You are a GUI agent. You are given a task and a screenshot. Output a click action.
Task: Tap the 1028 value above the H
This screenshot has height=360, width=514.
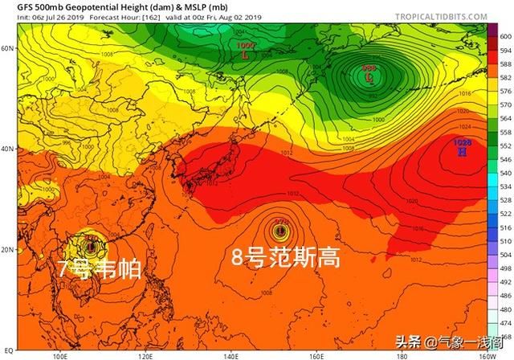click(462, 141)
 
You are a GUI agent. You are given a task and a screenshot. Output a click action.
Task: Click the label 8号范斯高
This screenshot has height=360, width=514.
click(286, 258)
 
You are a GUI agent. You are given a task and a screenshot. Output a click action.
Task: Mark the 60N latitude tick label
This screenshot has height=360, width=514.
click(8, 48)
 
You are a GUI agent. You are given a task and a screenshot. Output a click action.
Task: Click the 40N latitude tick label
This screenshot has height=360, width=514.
click(8, 149)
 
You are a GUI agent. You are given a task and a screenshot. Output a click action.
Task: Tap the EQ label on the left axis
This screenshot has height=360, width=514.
click(9, 351)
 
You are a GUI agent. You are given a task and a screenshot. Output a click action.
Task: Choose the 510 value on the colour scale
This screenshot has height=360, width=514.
click(504, 239)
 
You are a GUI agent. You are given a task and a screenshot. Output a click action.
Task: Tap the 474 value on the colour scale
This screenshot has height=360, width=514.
click(504, 325)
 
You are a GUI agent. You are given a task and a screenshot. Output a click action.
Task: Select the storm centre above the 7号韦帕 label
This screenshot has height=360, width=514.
click(92, 245)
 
